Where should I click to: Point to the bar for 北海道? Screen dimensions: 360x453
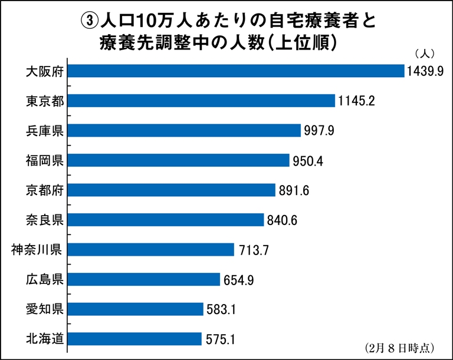(136, 339)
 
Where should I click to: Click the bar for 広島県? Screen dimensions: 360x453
(145, 279)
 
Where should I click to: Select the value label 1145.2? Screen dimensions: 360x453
(357, 101)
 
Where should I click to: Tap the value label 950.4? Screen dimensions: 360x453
(309, 161)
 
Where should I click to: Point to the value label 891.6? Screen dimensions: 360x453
(295, 191)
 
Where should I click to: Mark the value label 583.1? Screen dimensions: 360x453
(223, 309)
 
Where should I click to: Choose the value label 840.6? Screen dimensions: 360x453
(284, 220)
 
